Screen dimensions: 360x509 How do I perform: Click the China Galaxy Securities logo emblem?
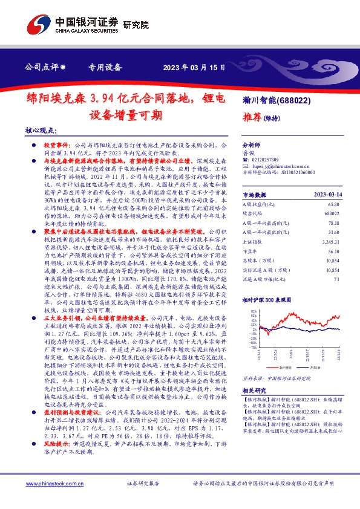(x=38, y=24)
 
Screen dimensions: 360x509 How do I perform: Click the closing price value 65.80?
(x=332, y=205)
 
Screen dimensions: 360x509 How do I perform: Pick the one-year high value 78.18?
(x=332, y=223)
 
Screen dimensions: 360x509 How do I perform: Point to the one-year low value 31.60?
(x=332, y=232)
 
